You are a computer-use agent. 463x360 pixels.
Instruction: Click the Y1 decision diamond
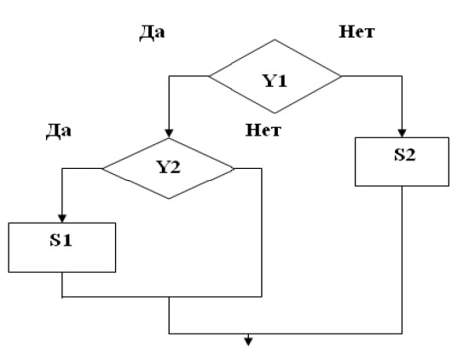275,76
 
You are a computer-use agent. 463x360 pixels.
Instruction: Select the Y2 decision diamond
169,168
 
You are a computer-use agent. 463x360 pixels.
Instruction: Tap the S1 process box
62,247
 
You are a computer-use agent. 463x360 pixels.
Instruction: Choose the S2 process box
402,161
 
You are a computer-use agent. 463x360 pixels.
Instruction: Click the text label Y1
275,81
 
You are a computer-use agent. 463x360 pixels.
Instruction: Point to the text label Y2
169,167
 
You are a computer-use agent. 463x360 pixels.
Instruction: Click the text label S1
61,240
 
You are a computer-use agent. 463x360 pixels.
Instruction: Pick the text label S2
405,154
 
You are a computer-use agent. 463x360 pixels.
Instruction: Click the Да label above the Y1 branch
152,32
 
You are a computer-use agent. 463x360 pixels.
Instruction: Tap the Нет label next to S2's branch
356,32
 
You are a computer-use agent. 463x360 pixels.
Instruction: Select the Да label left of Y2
59,131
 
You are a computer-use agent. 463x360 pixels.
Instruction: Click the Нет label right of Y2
263,130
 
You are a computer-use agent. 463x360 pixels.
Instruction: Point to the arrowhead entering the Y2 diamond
169,133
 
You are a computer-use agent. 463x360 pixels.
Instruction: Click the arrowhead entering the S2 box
402,133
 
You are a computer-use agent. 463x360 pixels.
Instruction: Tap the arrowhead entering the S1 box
62,218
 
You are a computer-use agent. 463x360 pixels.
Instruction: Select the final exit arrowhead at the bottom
248,342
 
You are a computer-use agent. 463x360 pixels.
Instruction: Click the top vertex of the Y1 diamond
275,39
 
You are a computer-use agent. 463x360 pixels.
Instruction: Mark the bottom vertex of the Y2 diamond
169,199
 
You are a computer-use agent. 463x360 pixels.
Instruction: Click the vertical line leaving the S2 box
402,260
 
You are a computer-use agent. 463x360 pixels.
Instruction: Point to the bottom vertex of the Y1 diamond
275,113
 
